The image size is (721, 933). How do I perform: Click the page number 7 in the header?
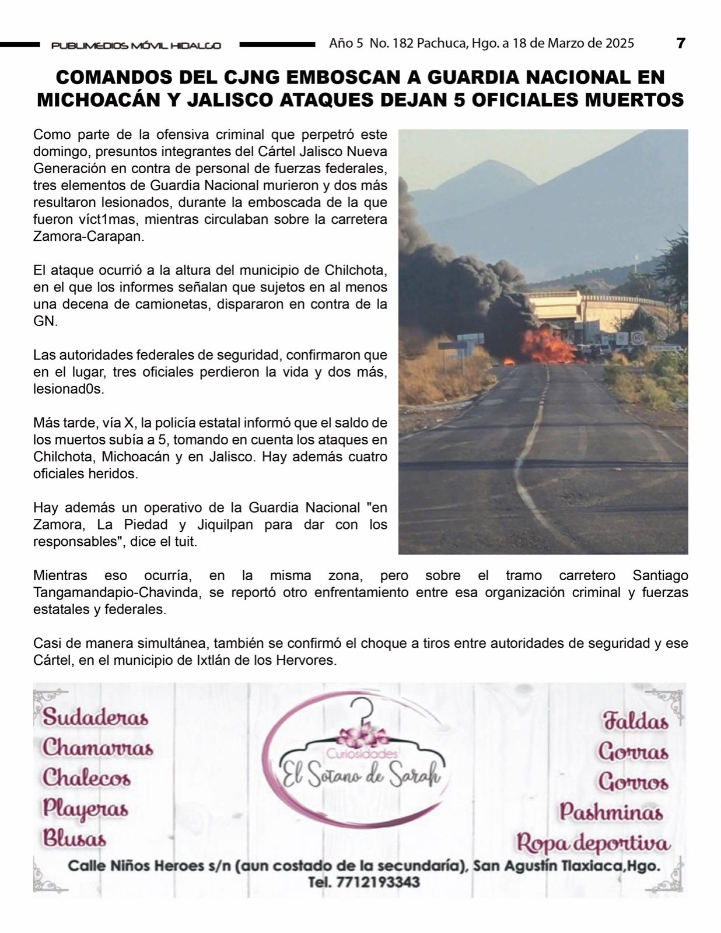pos(680,43)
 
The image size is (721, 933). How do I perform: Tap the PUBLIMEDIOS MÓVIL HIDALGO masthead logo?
pos(136,45)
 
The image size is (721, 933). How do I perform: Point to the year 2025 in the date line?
pos(619,43)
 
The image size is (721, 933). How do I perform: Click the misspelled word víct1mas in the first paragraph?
pos(109,220)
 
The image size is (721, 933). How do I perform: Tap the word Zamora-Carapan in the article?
pos(88,237)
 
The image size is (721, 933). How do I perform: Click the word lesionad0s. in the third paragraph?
pos(68,389)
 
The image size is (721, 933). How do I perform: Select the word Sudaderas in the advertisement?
pos(96,717)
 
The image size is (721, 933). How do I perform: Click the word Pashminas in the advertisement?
pos(611,812)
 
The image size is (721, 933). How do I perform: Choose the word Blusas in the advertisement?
pos(74,839)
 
